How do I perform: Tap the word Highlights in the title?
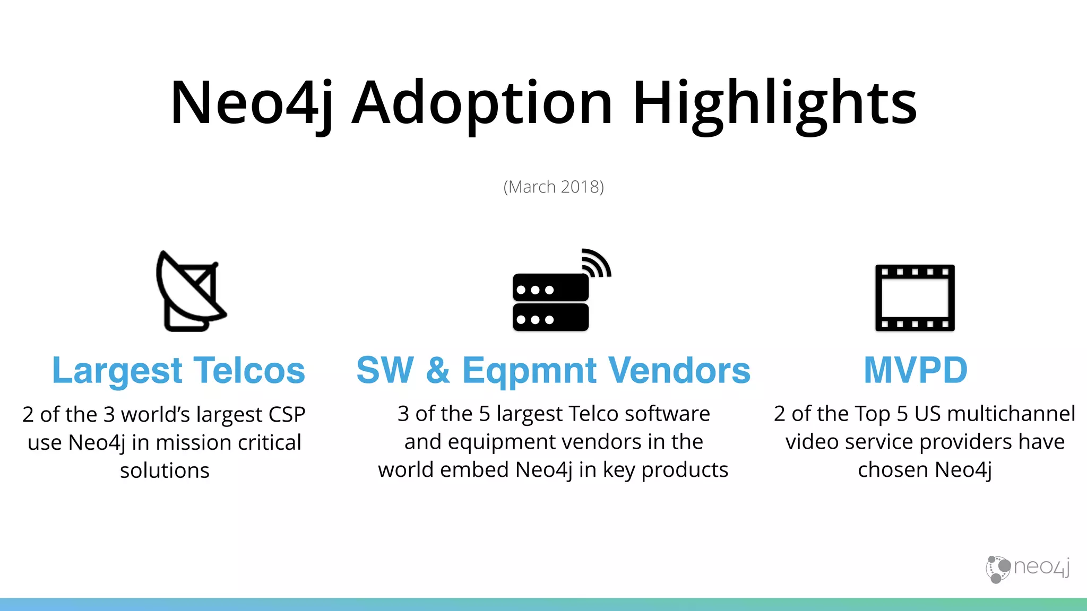[x=774, y=103]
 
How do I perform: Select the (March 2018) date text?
[x=554, y=187]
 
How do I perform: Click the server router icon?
[x=551, y=302]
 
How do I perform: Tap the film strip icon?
[x=915, y=298]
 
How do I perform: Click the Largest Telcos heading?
[x=179, y=370]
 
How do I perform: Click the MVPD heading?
[x=916, y=370]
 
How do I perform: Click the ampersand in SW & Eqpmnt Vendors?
[x=437, y=370]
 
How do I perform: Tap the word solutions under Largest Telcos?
[x=165, y=470]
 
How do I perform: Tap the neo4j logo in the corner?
[x=1028, y=569]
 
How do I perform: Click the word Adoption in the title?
[x=482, y=103]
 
